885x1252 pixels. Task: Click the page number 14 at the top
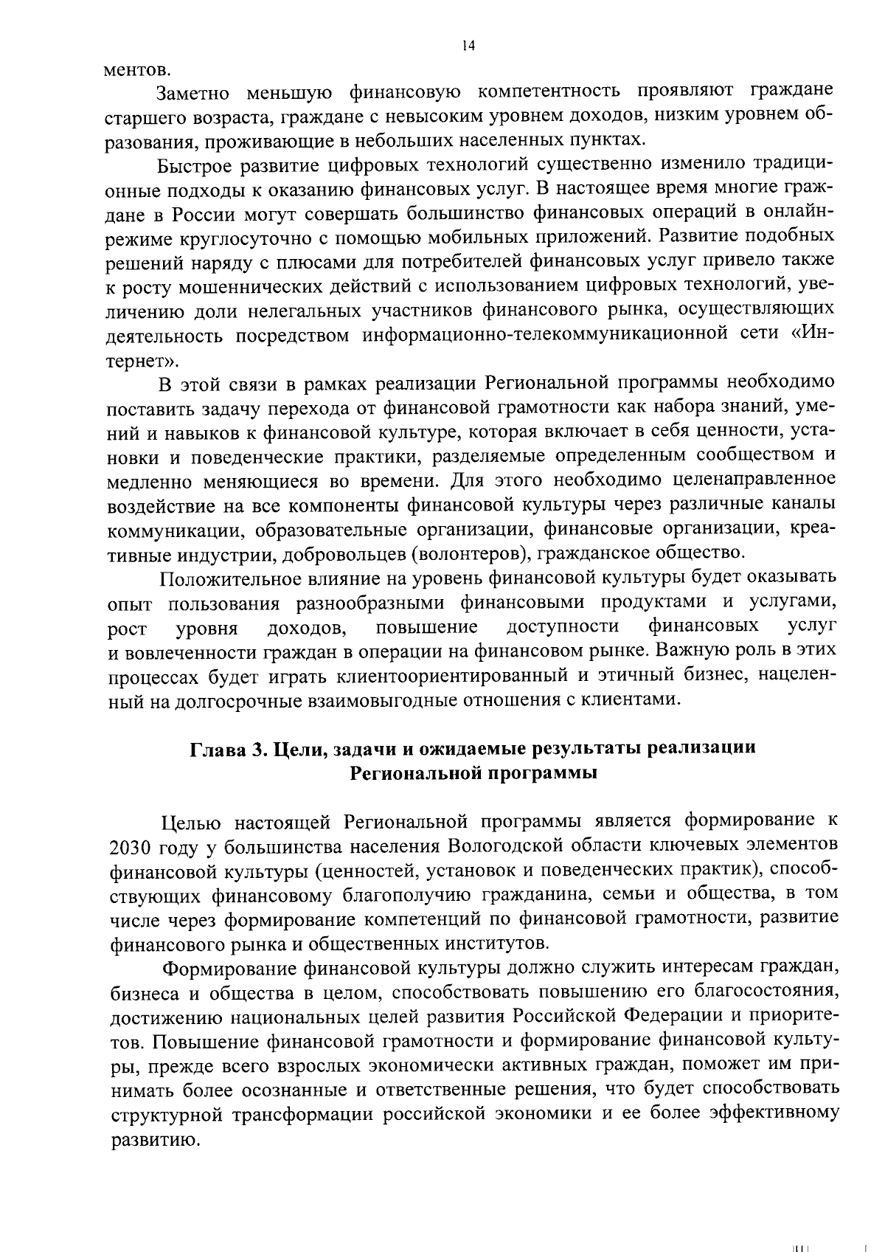(468, 46)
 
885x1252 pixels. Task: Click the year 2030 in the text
(128, 845)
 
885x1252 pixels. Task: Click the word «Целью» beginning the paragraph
(189, 820)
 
